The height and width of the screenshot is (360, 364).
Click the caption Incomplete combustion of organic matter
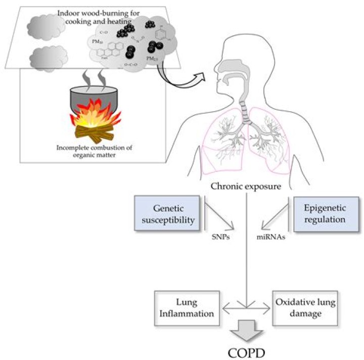[x=95, y=152]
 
